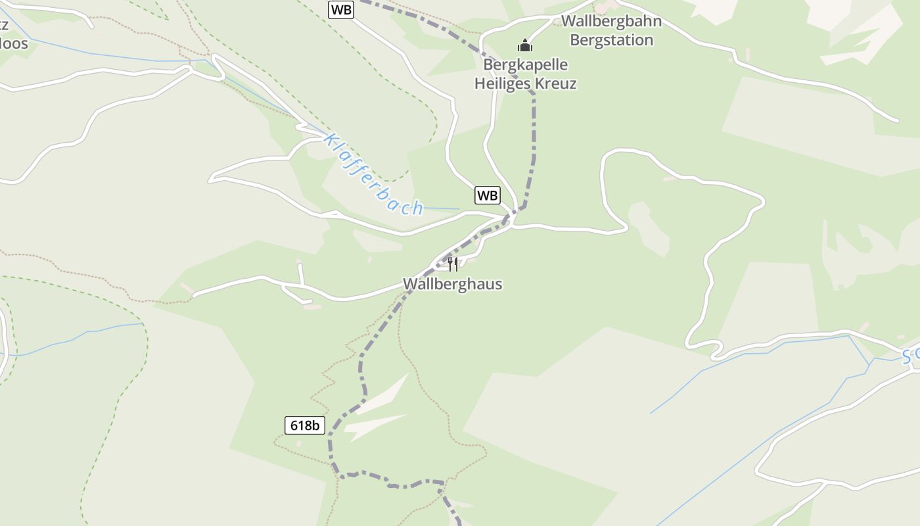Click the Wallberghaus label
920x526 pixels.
pyautogui.click(x=452, y=285)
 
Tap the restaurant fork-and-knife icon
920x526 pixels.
pyautogui.click(x=452, y=264)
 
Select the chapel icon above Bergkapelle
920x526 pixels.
pyautogui.click(x=524, y=45)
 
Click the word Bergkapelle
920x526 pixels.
pyautogui.click(x=525, y=65)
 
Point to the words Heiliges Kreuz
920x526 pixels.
pyautogui.click(x=525, y=84)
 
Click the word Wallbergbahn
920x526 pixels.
pyautogui.click(x=611, y=21)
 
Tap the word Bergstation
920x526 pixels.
pyautogui.click(x=611, y=40)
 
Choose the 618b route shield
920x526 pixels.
pyautogui.click(x=306, y=425)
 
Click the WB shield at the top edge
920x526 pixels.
pyautogui.click(x=341, y=9)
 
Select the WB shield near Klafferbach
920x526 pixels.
pyautogui.click(x=488, y=195)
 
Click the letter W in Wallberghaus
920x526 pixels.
pyautogui.click(x=410, y=285)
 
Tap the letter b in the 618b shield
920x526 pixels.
pyautogui.click(x=317, y=425)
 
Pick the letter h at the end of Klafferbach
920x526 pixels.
pyautogui.click(x=417, y=208)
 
